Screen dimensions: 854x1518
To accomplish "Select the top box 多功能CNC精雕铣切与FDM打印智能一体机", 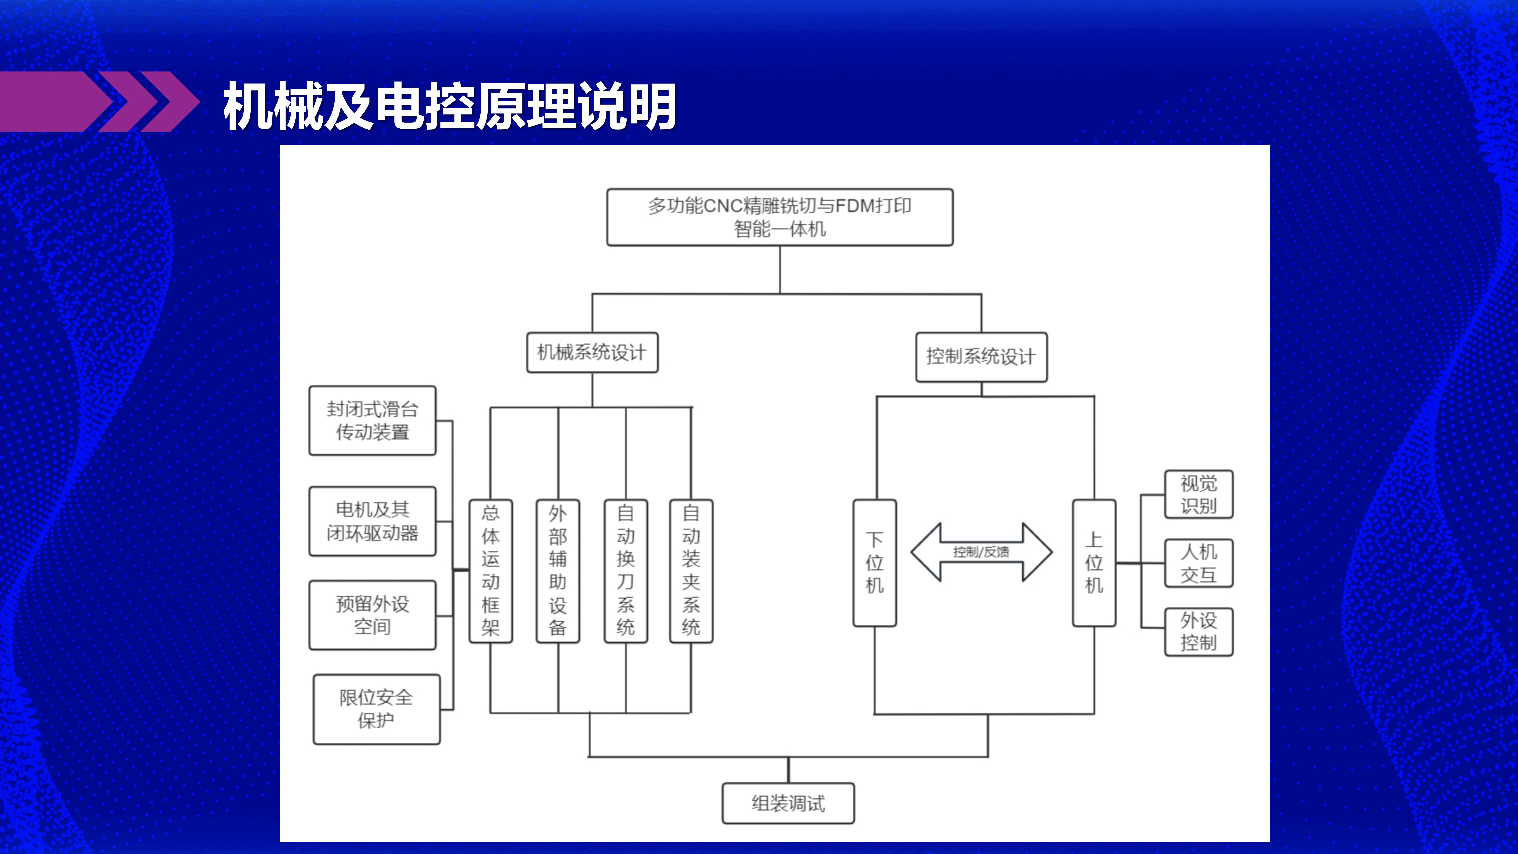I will pyautogui.click(x=780, y=217).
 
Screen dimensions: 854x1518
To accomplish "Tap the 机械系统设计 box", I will pyautogui.click(x=592, y=353).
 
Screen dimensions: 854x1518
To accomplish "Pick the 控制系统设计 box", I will pyautogui.click(x=981, y=357).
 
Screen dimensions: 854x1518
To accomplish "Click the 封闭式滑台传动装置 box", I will pyautogui.click(x=372, y=420).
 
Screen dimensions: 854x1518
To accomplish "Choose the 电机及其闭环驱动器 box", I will pyautogui.click(x=372, y=521).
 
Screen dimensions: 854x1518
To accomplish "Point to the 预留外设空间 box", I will pyautogui.click(x=372, y=615).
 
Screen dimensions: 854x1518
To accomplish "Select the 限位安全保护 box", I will pyautogui.click(x=376, y=709).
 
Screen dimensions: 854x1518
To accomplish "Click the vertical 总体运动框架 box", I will pyautogui.click(x=490, y=570).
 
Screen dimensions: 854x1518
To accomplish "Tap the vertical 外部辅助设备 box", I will pyautogui.click(x=557, y=570).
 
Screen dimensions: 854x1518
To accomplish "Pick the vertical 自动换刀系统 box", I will pyautogui.click(x=626, y=570).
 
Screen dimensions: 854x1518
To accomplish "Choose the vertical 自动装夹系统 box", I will pyautogui.click(x=691, y=570).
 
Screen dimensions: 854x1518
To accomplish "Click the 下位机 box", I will pyautogui.click(x=874, y=563).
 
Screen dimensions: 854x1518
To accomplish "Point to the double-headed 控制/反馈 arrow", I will pyautogui.click(x=981, y=552).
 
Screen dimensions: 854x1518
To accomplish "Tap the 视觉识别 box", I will pyautogui.click(x=1199, y=495).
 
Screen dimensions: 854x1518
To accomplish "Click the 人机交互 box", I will pyautogui.click(x=1199, y=563).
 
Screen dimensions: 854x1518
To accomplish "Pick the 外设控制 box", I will pyautogui.click(x=1199, y=631).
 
